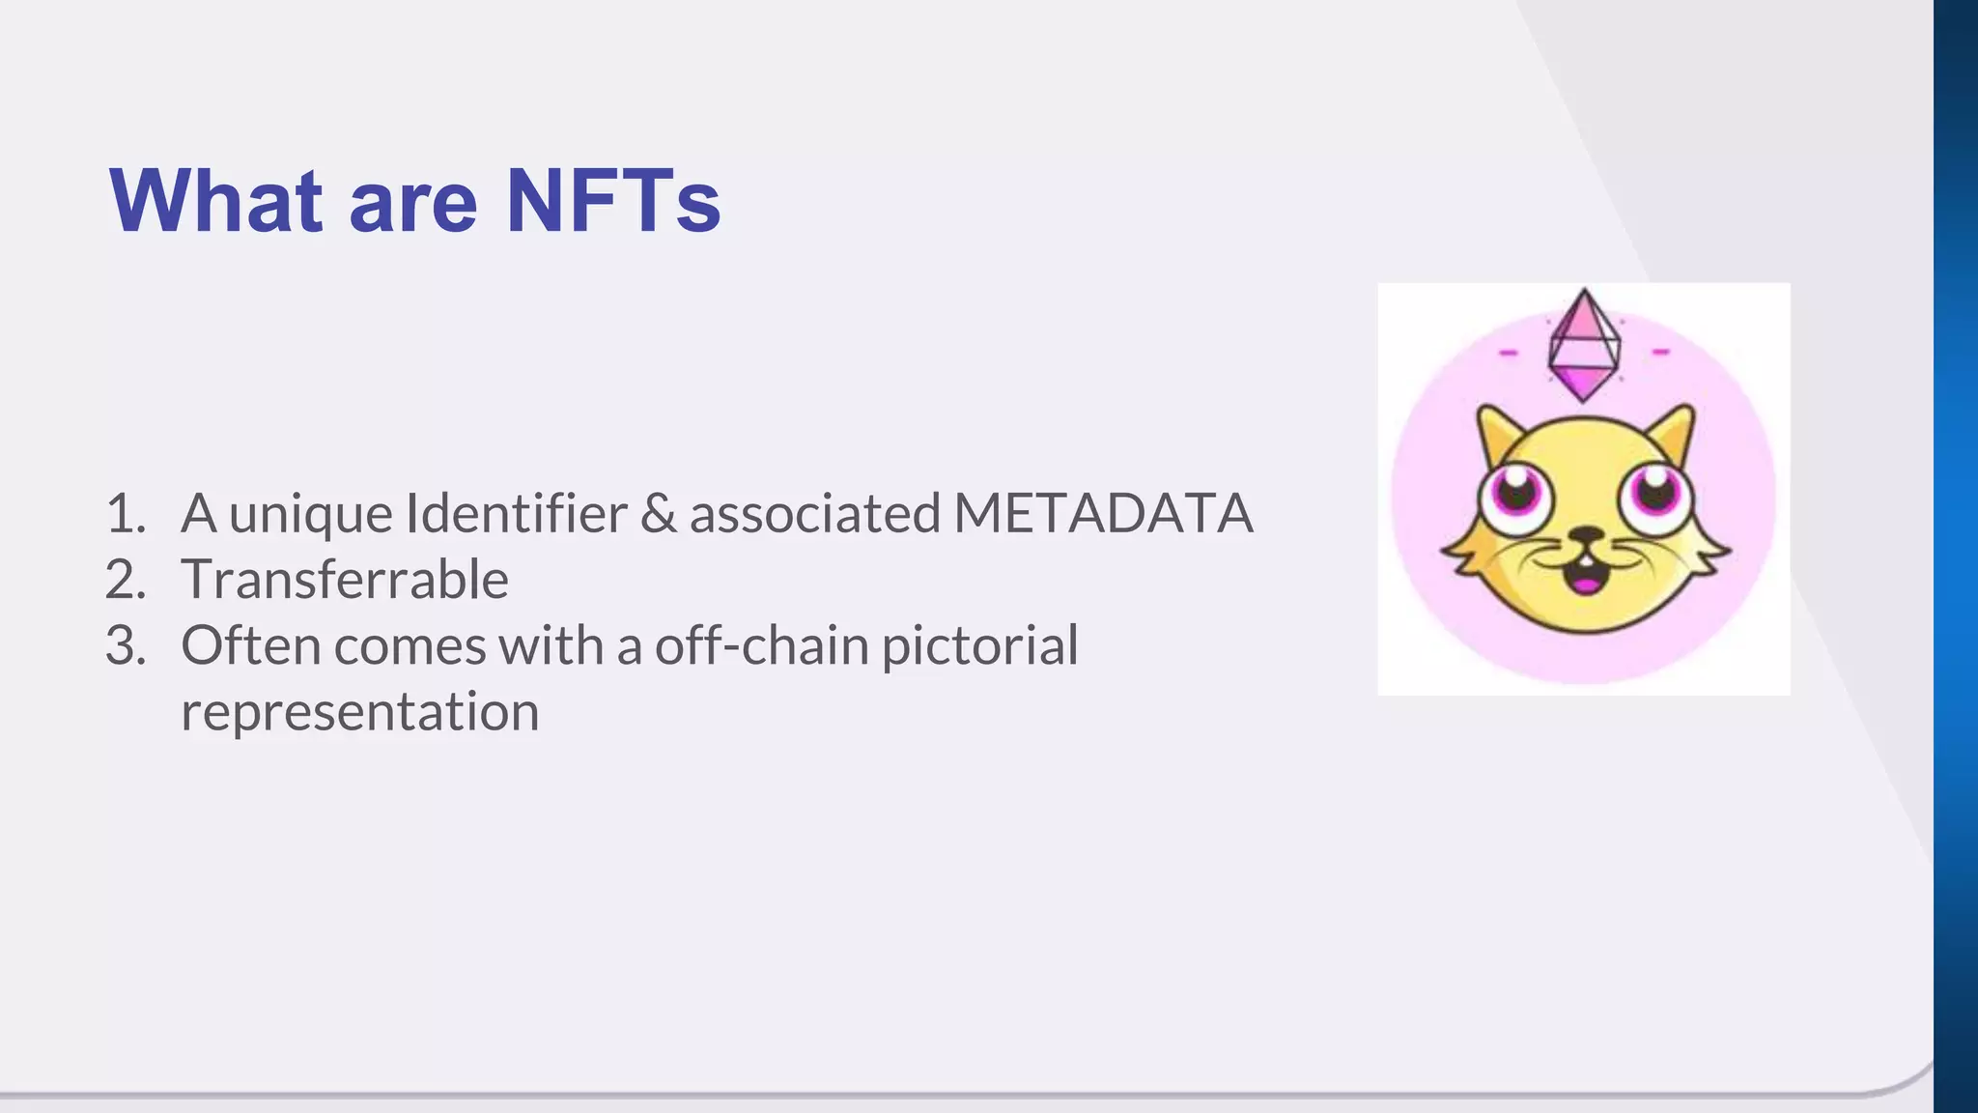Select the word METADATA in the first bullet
click(x=1103, y=513)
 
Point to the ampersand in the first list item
click(x=658, y=513)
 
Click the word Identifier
click(x=516, y=513)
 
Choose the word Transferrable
click(x=345, y=580)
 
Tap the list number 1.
click(x=124, y=513)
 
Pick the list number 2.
click(x=125, y=580)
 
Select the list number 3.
click(x=125, y=645)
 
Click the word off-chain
click(x=761, y=645)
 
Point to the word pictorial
click(x=979, y=645)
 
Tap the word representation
click(x=359, y=712)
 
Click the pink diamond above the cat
click(x=1583, y=344)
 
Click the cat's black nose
click(x=1585, y=534)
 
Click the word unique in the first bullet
click(x=310, y=513)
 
